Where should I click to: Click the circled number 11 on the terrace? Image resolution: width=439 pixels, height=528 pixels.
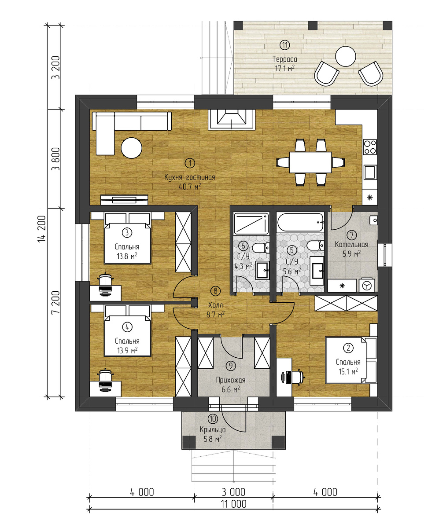(x=285, y=45)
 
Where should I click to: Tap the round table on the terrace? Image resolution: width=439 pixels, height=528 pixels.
(x=346, y=57)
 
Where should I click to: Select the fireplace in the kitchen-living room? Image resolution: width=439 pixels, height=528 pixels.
(x=231, y=120)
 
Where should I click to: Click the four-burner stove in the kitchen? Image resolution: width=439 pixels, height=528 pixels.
(x=370, y=147)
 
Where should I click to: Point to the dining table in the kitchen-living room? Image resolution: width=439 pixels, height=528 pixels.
(x=310, y=162)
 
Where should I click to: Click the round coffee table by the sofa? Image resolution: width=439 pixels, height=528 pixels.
(x=131, y=148)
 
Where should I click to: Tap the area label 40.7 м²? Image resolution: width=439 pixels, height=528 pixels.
(x=190, y=187)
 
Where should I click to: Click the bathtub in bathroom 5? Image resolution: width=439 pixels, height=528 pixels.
(x=300, y=222)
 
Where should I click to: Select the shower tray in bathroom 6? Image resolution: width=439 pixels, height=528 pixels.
(x=251, y=223)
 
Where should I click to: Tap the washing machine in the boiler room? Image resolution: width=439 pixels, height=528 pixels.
(x=366, y=286)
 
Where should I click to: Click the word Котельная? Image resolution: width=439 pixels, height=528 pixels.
(x=351, y=245)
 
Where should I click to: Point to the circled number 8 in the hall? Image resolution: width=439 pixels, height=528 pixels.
(x=215, y=291)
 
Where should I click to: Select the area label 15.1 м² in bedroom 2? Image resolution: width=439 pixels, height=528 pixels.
(x=348, y=371)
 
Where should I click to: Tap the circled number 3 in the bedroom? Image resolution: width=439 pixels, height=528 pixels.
(x=127, y=232)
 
